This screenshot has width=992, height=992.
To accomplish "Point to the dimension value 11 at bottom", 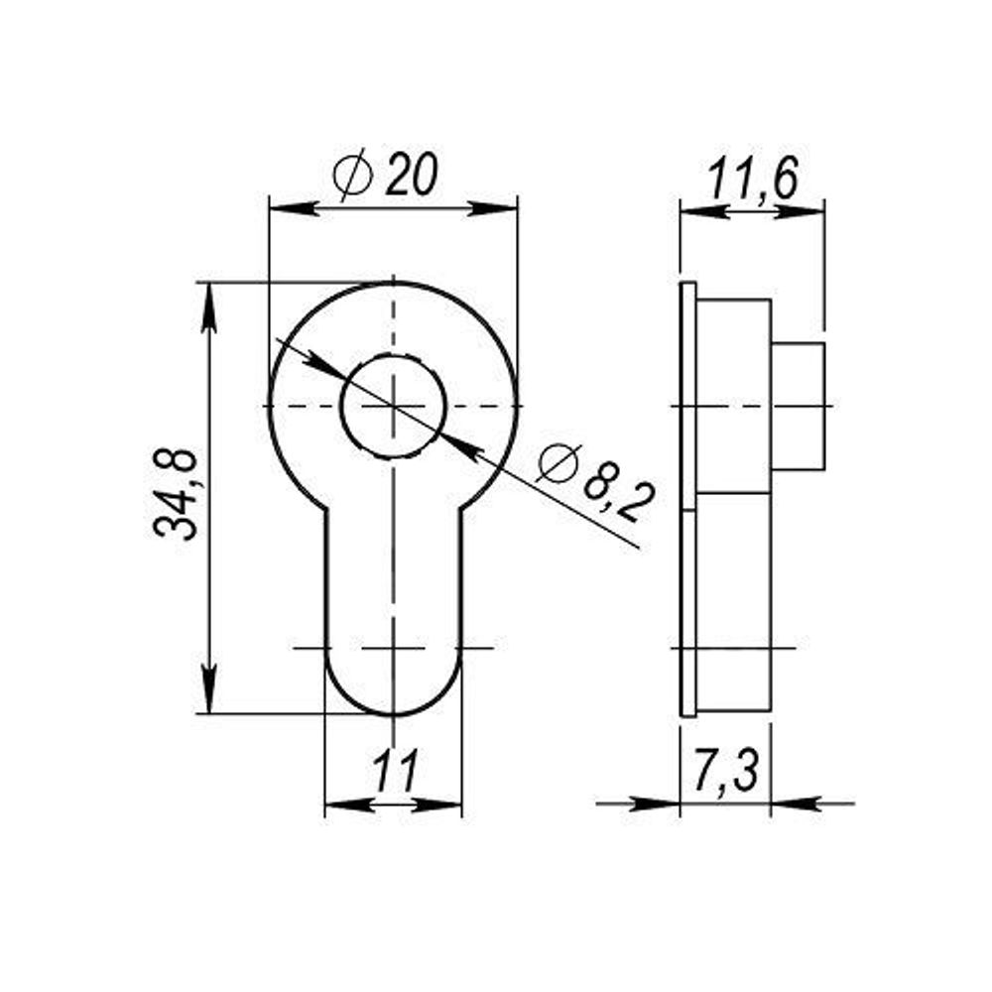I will click(x=394, y=771).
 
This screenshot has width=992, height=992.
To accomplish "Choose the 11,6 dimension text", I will click(x=752, y=182).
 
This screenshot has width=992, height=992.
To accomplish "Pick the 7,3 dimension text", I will click(x=725, y=773).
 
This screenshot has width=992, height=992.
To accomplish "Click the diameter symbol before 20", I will click(x=352, y=176).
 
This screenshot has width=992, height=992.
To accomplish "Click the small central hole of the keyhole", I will click(x=393, y=406).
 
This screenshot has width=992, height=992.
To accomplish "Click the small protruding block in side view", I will click(x=798, y=406).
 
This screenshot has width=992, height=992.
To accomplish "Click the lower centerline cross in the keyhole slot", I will click(x=394, y=648).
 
